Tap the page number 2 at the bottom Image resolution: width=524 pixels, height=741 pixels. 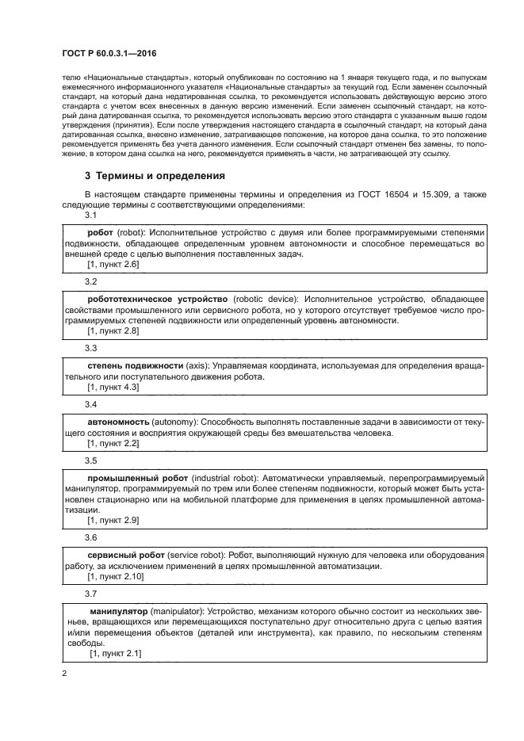(64, 673)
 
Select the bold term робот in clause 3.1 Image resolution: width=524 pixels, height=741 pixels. (101, 232)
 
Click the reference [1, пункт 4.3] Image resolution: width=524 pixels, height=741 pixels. (113, 388)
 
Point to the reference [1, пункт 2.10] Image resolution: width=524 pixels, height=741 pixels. (116, 577)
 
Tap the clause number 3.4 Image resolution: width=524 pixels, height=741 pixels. (91, 404)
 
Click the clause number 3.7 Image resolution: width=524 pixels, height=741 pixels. (91, 594)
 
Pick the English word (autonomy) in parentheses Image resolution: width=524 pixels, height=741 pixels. (181, 421)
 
